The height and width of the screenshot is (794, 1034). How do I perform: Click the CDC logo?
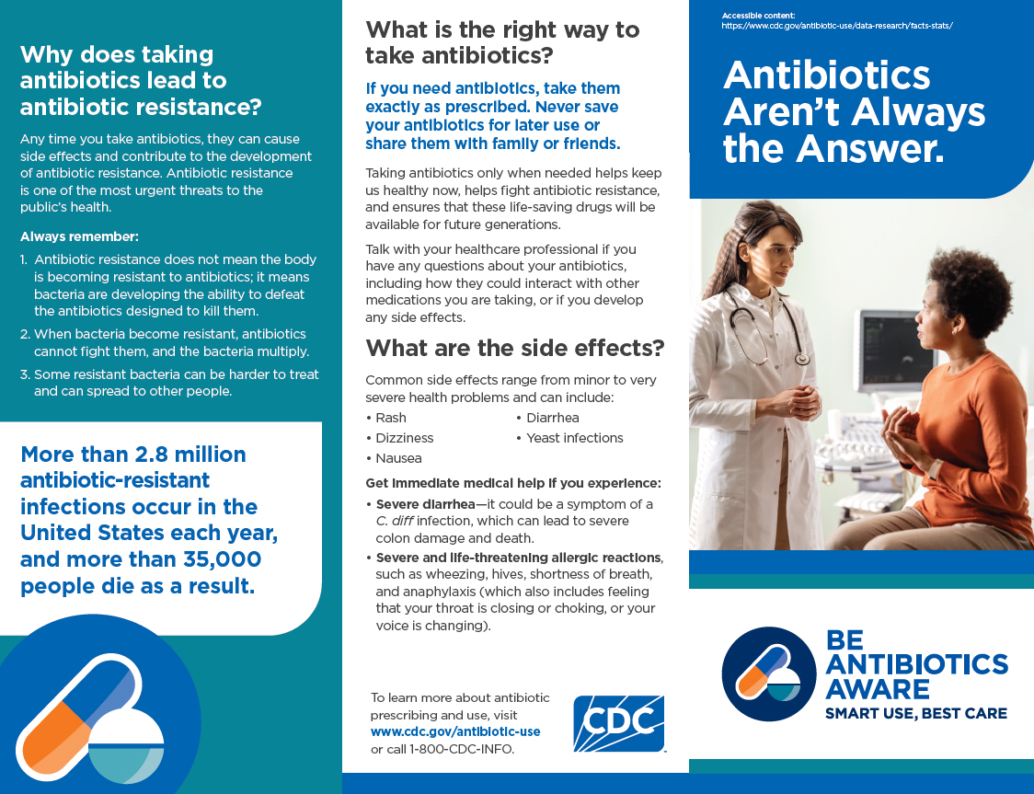(x=618, y=723)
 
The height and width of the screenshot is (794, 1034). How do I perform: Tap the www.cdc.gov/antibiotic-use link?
(x=455, y=731)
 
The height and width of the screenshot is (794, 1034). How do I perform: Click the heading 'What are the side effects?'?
(x=514, y=349)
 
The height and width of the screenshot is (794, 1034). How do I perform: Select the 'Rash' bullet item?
(x=390, y=418)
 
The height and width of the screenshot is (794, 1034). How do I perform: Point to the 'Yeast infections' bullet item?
(x=574, y=438)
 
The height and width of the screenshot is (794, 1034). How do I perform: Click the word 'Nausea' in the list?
(x=398, y=458)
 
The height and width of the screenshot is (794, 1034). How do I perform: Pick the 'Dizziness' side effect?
(x=404, y=438)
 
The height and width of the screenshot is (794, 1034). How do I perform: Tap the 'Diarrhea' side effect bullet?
(x=552, y=418)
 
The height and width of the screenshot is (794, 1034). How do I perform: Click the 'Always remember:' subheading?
(x=79, y=236)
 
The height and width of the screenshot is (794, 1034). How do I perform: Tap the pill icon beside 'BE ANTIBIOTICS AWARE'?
(x=768, y=673)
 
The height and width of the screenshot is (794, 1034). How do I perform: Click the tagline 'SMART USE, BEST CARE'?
(x=915, y=713)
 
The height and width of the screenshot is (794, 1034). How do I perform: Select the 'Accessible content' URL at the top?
(x=837, y=26)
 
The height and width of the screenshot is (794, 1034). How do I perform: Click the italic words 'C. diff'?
(x=396, y=521)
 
